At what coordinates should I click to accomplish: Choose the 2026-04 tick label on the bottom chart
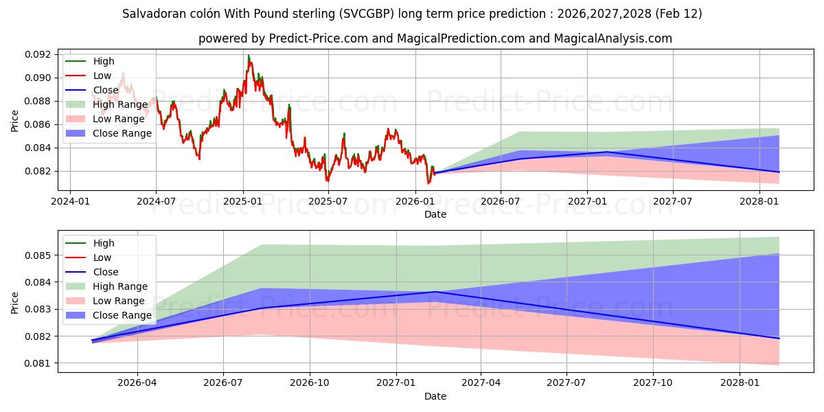coord(137,382)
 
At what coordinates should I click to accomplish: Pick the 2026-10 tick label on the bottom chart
coord(310,382)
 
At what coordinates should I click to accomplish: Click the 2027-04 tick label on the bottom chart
coord(481,382)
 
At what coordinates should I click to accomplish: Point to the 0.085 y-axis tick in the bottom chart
coord(41,255)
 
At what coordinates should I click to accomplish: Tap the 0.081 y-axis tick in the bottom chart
coord(41,363)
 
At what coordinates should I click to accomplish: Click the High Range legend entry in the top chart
coord(120,104)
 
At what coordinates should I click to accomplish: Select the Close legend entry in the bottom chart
coord(106,272)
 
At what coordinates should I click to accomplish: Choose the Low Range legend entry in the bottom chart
coord(119,301)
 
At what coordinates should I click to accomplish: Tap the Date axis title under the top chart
coord(435,214)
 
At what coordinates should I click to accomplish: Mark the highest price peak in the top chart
coord(248,56)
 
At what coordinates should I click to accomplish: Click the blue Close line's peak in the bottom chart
coord(434,292)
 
